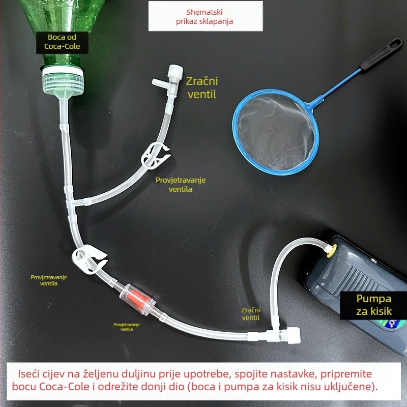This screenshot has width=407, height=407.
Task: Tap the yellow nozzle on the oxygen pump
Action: (x=329, y=249)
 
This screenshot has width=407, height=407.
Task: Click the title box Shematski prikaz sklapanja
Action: (x=205, y=16)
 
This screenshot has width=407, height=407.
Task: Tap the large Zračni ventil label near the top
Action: (x=201, y=88)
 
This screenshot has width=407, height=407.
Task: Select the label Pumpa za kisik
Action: (x=374, y=305)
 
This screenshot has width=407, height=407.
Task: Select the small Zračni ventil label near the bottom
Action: (x=251, y=313)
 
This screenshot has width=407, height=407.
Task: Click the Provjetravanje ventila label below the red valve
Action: (x=127, y=327)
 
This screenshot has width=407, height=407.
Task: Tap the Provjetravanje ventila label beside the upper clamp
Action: (x=181, y=185)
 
